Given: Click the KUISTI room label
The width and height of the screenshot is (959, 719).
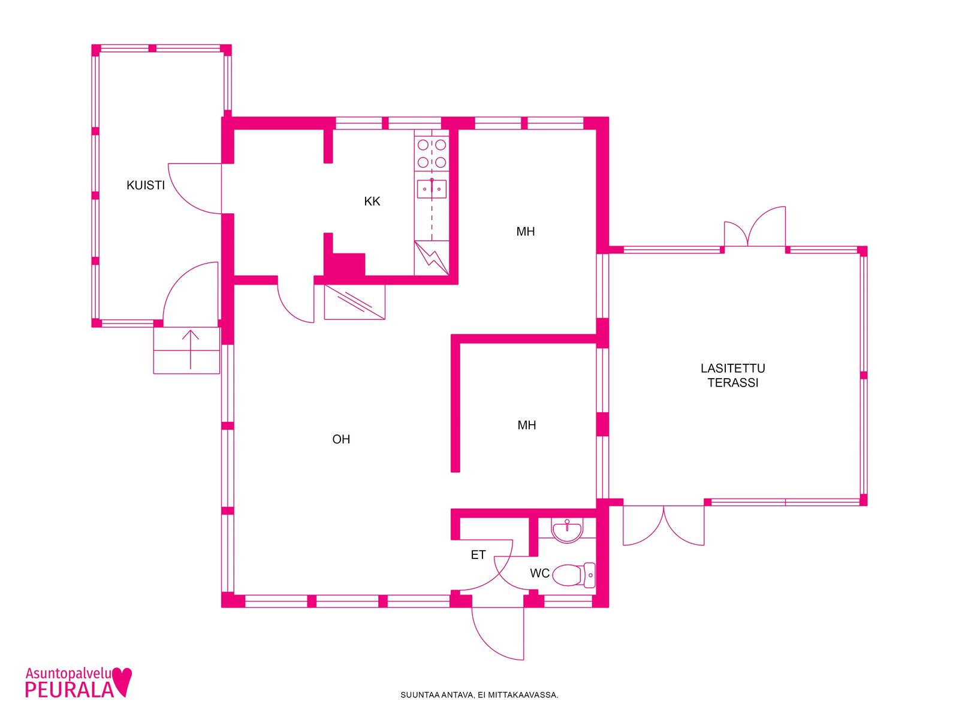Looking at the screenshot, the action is (146, 185).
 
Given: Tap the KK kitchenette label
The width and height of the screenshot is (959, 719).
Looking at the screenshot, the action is (372, 201).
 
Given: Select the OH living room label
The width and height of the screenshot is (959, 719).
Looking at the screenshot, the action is (341, 439).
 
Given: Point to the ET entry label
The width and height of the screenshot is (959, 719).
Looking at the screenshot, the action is (478, 555).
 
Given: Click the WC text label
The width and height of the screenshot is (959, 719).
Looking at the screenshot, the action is (539, 573).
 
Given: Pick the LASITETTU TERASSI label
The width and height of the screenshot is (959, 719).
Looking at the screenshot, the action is (732, 376).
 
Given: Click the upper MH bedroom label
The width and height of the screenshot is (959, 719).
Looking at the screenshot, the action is (525, 231).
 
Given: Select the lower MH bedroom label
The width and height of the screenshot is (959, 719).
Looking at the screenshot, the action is (526, 425).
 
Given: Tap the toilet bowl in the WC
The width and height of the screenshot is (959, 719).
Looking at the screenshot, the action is (573, 575).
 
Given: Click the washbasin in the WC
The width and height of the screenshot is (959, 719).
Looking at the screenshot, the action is (566, 530).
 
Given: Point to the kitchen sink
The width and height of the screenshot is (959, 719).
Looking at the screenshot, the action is (431, 189).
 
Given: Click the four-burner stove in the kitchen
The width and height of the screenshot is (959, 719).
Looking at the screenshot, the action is (432, 153).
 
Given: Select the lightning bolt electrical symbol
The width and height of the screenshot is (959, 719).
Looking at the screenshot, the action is (431, 258).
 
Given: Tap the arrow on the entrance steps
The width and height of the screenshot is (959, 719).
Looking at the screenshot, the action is (191, 350).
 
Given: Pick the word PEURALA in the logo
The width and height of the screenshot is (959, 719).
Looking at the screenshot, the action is (69, 690).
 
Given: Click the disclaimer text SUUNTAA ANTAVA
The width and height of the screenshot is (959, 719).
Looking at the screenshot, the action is (437, 695).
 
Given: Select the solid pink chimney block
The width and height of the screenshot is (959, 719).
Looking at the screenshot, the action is (344, 264).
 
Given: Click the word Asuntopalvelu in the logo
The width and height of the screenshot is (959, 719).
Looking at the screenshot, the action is (68, 674).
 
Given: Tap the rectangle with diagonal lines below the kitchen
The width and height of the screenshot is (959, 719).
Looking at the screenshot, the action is (354, 302).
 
